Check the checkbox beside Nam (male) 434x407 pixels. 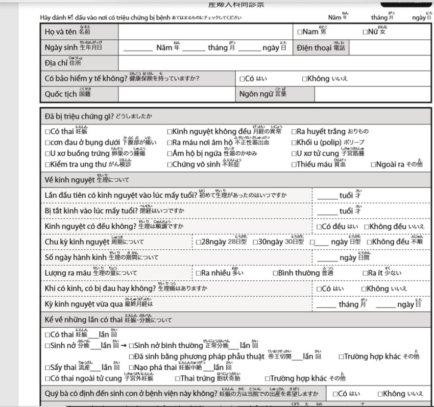[300, 32]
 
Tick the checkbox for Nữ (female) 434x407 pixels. [365, 32]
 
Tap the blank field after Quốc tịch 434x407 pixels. [177, 94]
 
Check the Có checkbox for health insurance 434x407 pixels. [242, 79]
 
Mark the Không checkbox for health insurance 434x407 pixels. [304, 79]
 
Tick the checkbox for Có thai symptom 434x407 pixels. [47, 132]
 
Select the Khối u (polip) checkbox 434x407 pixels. [294, 142]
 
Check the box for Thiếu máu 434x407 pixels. [294, 164]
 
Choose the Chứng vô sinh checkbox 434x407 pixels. [170, 164]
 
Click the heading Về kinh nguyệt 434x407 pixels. [69, 180]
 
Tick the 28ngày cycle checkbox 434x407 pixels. [198, 242]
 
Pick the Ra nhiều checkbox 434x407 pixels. [198, 273]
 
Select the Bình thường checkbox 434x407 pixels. [276, 273]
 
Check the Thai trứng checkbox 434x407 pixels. [177, 378]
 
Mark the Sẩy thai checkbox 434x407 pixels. [47, 367]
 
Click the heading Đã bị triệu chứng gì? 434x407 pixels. [79, 116]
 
